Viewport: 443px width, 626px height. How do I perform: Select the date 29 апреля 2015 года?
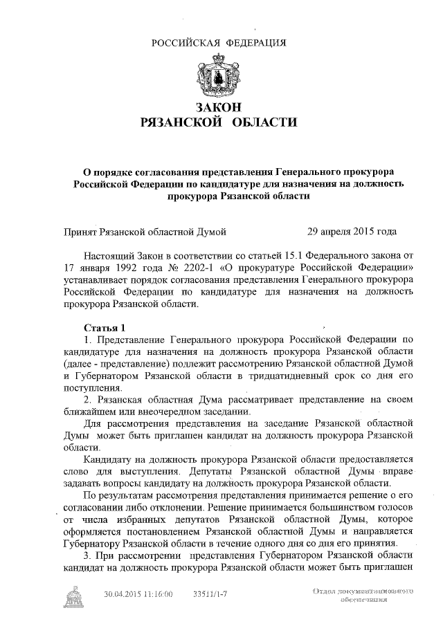(352, 230)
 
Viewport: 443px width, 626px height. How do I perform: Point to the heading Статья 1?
(105, 326)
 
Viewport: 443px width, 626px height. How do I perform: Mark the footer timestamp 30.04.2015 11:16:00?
(138, 593)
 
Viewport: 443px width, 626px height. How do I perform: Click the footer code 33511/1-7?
(210, 593)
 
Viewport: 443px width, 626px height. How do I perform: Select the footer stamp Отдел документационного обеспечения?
(363, 596)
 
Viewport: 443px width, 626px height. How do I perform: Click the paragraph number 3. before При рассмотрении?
(87, 555)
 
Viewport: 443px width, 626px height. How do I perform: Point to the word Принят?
(81, 230)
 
